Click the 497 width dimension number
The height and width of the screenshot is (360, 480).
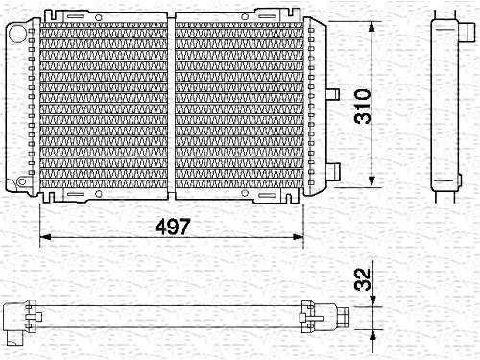(x=173, y=227)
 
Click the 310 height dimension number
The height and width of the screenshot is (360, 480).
(x=363, y=107)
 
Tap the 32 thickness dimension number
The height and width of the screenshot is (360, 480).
(x=363, y=279)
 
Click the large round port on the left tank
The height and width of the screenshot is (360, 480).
(x=17, y=33)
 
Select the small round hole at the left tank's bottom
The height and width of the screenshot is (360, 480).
(x=22, y=181)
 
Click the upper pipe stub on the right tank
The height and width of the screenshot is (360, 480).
(x=333, y=94)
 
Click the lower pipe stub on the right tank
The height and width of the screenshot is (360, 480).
(x=333, y=171)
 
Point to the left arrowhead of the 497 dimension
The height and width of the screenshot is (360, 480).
(x=45, y=237)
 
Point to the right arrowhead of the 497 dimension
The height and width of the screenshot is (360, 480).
(x=298, y=237)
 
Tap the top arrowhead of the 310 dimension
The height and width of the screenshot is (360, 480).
(x=372, y=27)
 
